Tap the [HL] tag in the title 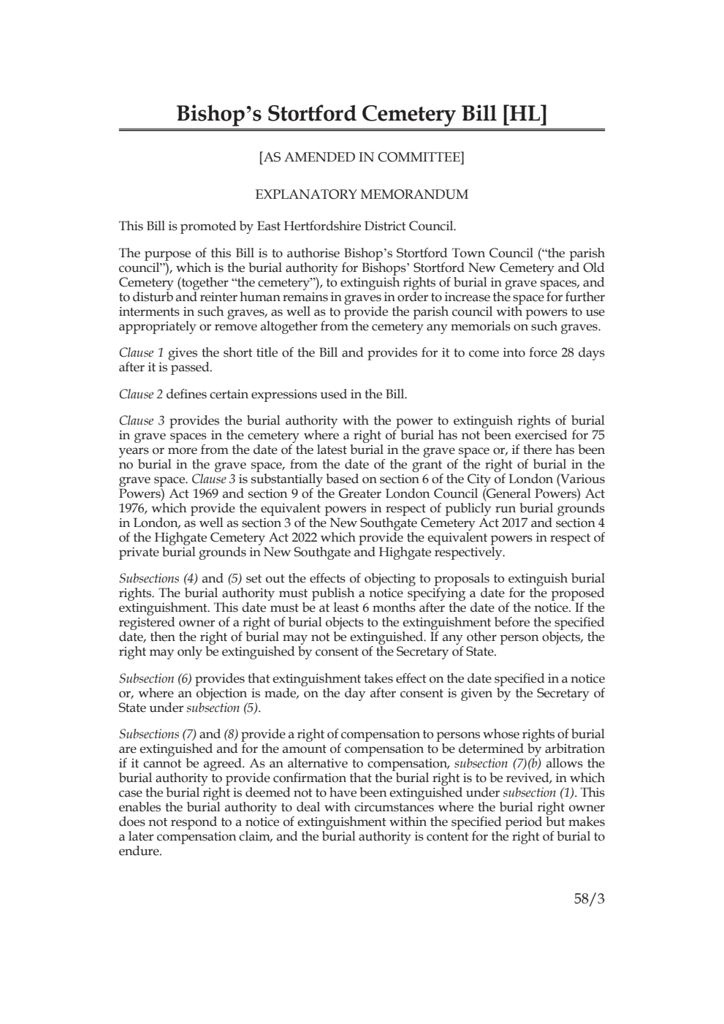(524, 114)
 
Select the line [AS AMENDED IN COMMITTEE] (362, 157)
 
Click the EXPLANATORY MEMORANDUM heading (362, 195)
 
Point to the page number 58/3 (590, 900)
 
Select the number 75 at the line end (597, 436)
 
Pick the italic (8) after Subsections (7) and (231, 735)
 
